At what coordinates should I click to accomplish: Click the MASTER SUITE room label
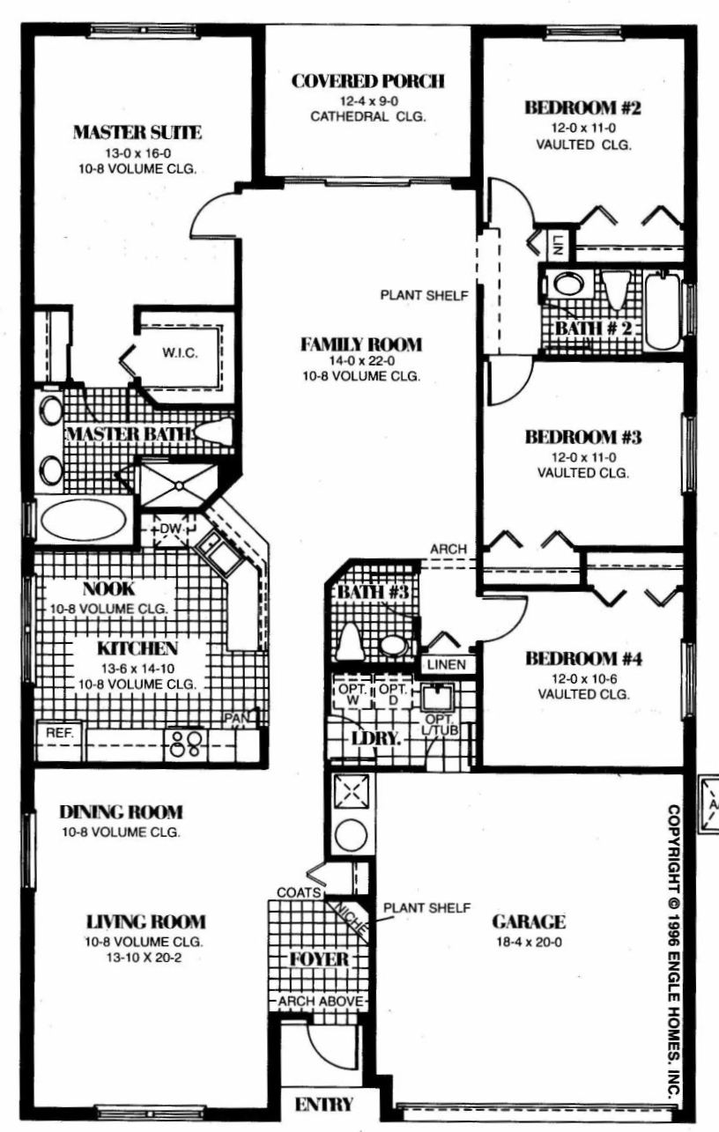(137, 132)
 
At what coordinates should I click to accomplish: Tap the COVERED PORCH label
(368, 81)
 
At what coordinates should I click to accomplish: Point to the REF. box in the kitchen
(60, 733)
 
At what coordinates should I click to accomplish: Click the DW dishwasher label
(170, 529)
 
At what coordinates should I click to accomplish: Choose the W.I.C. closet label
(180, 352)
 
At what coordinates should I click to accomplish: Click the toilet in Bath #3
(349, 640)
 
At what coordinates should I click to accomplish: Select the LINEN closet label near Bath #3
(447, 664)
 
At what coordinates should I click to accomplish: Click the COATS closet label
(300, 892)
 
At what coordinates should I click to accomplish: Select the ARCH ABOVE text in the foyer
(321, 1001)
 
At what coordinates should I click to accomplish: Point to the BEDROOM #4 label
(583, 658)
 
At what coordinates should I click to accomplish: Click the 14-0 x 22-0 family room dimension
(361, 360)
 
